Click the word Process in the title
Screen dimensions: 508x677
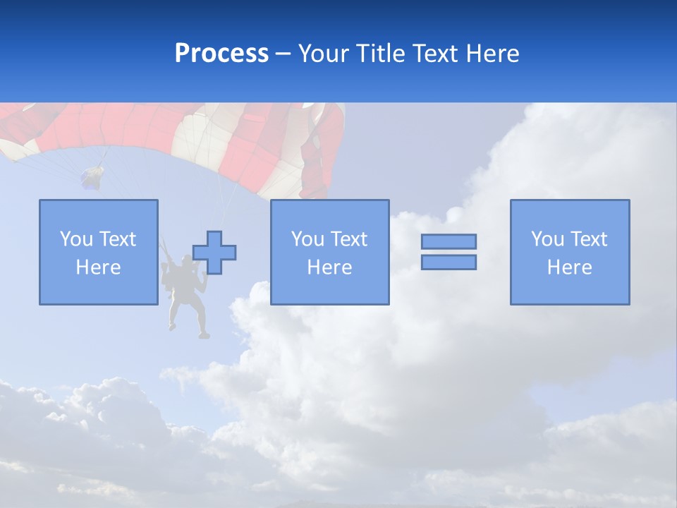tap(221, 54)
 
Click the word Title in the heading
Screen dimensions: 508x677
tap(380, 54)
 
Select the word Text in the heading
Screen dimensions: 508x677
tap(432, 54)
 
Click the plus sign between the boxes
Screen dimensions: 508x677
tap(214, 252)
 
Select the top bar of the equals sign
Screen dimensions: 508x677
tap(449, 241)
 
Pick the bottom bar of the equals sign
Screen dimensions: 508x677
tap(449, 262)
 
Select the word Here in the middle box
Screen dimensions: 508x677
tap(329, 267)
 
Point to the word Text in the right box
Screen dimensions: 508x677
tap(589, 239)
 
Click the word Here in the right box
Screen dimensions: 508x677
tap(569, 267)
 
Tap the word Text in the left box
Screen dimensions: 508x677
tap(117, 239)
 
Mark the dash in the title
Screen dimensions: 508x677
tap(283, 54)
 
